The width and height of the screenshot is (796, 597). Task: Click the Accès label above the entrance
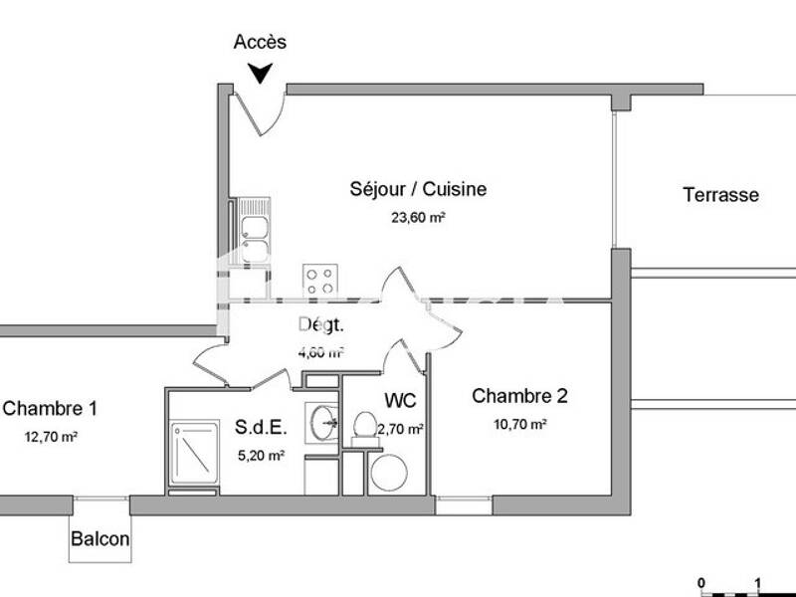pyautogui.click(x=260, y=42)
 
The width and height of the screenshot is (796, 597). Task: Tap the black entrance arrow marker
pyautogui.click(x=261, y=73)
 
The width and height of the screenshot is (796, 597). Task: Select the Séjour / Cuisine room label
pyautogui.click(x=418, y=188)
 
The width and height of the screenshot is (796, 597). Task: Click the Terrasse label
pyautogui.click(x=720, y=195)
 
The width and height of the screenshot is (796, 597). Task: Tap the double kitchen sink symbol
pyautogui.click(x=254, y=228)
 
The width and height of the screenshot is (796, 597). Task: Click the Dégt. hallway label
pyautogui.click(x=321, y=324)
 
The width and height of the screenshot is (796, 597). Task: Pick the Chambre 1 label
pyautogui.click(x=50, y=408)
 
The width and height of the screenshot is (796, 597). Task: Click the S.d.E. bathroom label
pyautogui.click(x=261, y=429)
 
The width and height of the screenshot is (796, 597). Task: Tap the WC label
pyautogui.click(x=401, y=402)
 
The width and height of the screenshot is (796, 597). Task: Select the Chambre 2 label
pyautogui.click(x=519, y=396)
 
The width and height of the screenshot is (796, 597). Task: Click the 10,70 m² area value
pyautogui.click(x=519, y=424)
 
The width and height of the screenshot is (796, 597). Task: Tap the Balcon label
pyautogui.click(x=99, y=539)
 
